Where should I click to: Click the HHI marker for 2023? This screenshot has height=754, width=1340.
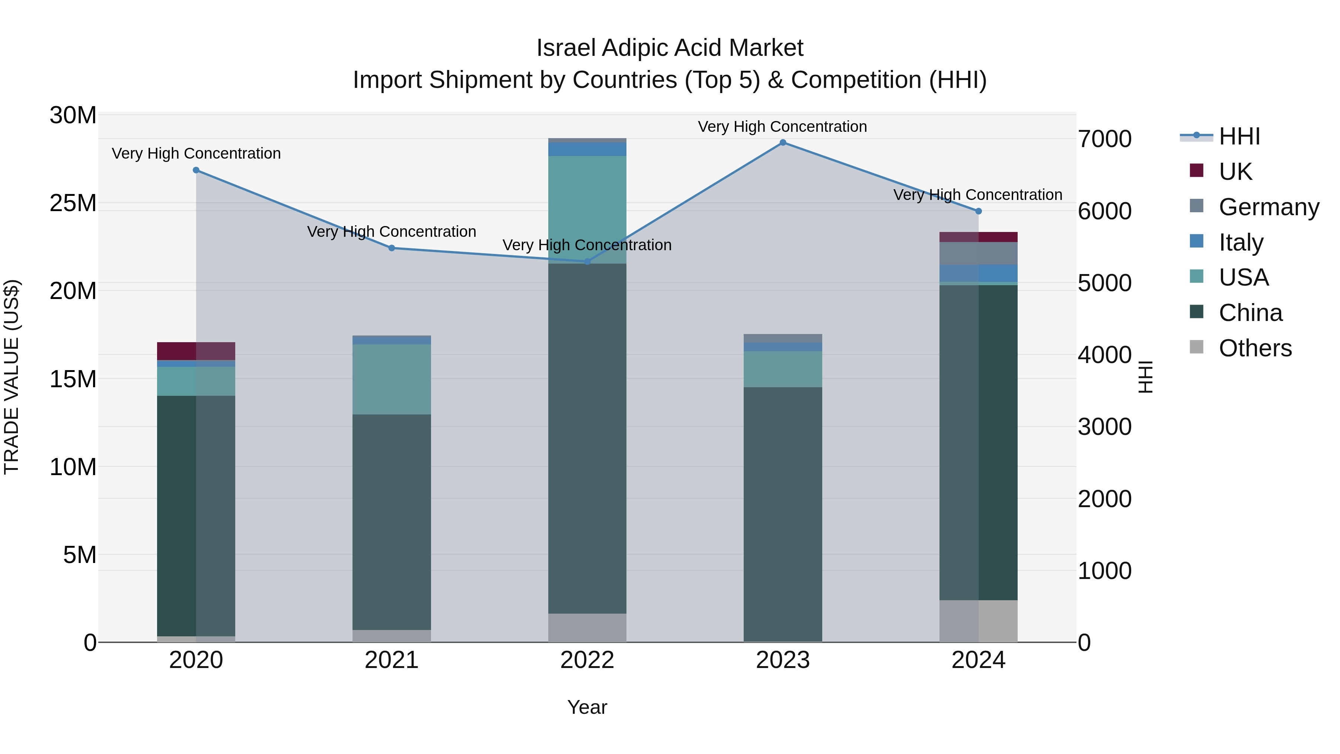(x=783, y=143)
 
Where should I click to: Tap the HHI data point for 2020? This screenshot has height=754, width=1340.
(x=196, y=170)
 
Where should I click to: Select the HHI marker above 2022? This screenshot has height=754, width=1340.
(x=587, y=262)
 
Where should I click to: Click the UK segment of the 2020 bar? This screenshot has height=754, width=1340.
(x=196, y=351)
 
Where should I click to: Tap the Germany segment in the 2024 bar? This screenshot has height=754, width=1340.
(x=979, y=254)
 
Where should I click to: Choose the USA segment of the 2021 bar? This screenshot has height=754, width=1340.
(x=392, y=379)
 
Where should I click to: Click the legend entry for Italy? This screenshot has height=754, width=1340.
(x=1241, y=242)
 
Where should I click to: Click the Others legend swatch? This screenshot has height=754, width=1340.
(x=1196, y=347)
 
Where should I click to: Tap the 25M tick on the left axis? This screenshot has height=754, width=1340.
(x=73, y=203)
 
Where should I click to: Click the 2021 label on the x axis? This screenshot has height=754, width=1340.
(x=392, y=660)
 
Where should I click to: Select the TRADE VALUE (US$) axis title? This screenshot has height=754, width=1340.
(x=12, y=377)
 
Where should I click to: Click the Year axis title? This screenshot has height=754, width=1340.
(x=587, y=707)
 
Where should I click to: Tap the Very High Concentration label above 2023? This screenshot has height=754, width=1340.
(x=782, y=127)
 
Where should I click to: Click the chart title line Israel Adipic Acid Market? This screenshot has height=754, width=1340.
(x=670, y=48)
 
